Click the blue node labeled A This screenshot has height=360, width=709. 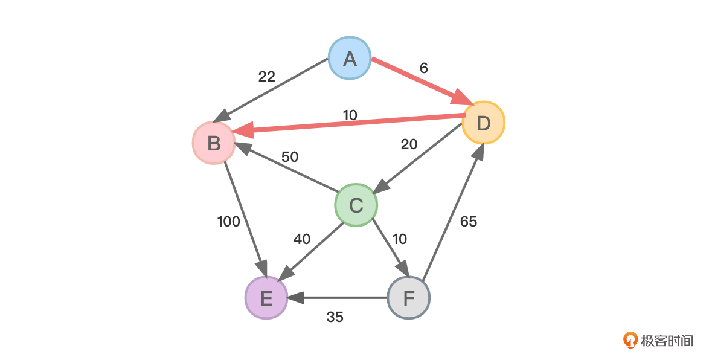click(350, 59)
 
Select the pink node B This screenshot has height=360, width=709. click(214, 143)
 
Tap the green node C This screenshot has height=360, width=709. click(356, 205)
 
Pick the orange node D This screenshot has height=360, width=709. click(483, 123)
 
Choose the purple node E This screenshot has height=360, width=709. click(266, 298)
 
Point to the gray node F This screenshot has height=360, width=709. click(409, 298)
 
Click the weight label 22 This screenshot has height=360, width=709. click(266, 77)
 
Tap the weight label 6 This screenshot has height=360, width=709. click(423, 68)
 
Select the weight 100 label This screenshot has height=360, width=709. click(228, 222)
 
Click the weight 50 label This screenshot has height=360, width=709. click(290, 157)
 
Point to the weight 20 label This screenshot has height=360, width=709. click(409, 144)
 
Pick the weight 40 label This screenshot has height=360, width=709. click(302, 239)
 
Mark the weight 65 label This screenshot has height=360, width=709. click(468, 222)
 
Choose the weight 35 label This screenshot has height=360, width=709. click(335, 317)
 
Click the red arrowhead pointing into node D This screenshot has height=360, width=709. click(462, 97)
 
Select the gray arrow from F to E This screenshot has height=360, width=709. click(338, 298)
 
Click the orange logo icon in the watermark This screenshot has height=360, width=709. click(631, 340)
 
